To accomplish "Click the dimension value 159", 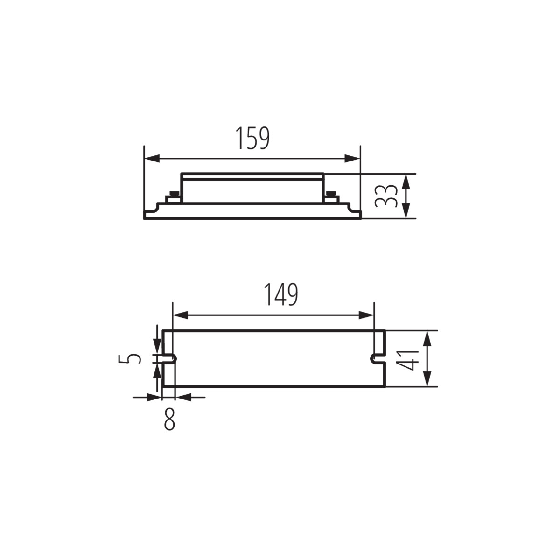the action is [252, 138].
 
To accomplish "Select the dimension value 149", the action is [281, 294].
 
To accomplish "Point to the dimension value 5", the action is [130, 358].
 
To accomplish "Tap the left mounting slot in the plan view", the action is [169, 359].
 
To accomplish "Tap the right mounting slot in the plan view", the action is [378, 359].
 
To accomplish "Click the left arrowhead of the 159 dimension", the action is [152, 159].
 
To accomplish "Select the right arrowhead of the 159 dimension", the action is [352, 159].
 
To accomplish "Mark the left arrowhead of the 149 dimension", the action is [181, 315].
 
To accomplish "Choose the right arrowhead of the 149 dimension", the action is [366, 315].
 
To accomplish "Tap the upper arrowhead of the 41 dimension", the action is [427, 338].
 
